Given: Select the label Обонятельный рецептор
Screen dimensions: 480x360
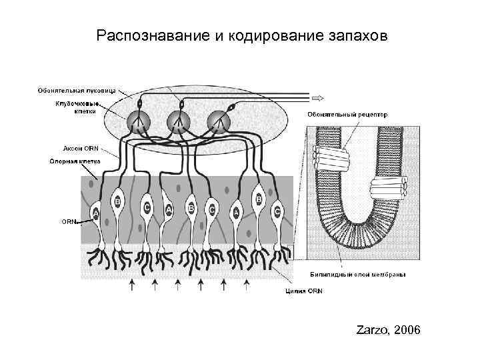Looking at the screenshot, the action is [x=347, y=115].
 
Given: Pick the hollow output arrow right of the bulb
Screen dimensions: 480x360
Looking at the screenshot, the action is [x=317, y=97].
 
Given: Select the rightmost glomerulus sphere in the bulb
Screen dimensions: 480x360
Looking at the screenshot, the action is [x=219, y=121].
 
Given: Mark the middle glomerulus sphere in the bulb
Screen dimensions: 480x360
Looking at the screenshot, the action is [x=178, y=122].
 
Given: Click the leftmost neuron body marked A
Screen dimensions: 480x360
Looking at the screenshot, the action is [x=95, y=213].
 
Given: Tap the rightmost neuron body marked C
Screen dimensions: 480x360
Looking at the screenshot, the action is [x=277, y=211].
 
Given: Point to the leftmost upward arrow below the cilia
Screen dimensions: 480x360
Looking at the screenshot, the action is [x=131, y=286].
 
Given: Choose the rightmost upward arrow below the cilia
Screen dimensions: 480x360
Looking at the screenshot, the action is [x=246, y=286].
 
